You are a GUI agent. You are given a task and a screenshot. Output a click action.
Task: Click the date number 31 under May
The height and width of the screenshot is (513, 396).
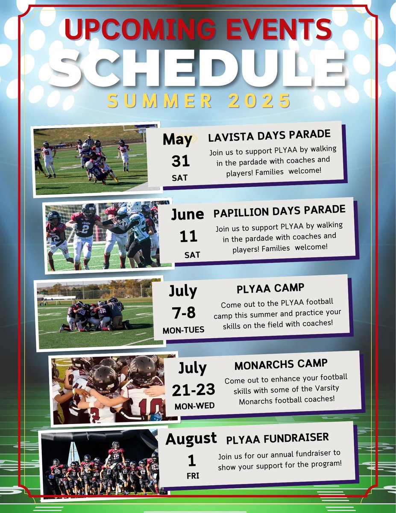click(180, 161)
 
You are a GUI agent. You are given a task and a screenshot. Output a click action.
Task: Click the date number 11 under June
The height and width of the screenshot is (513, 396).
click(188, 236)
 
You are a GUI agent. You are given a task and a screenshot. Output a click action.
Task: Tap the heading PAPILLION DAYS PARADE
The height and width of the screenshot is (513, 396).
click(279, 210)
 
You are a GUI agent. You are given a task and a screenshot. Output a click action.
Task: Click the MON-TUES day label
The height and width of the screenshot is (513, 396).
click(183, 330)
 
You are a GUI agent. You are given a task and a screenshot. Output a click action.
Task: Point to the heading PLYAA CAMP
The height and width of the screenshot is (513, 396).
click(270, 289)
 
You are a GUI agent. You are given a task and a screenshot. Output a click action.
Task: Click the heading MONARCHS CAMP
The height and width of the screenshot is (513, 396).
click(281, 365)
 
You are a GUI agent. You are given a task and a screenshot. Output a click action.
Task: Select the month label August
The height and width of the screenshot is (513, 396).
click(191, 439)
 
